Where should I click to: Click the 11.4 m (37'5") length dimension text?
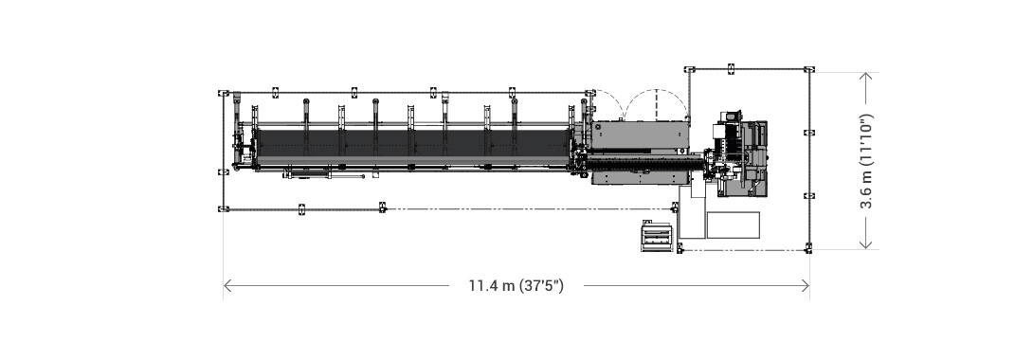click(x=516, y=285)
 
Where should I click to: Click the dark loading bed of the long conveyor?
click(x=408, y=144)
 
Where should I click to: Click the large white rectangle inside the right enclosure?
click(x=733, y=225)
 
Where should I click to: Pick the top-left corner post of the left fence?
click(x=224, y=93)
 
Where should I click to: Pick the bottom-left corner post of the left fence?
click(x=224, y=208)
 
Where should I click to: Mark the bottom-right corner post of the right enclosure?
click(x=808, y=248)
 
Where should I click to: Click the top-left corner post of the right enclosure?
click(x=689, y=69)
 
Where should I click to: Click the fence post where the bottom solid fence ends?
click(x=383, y=207)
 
